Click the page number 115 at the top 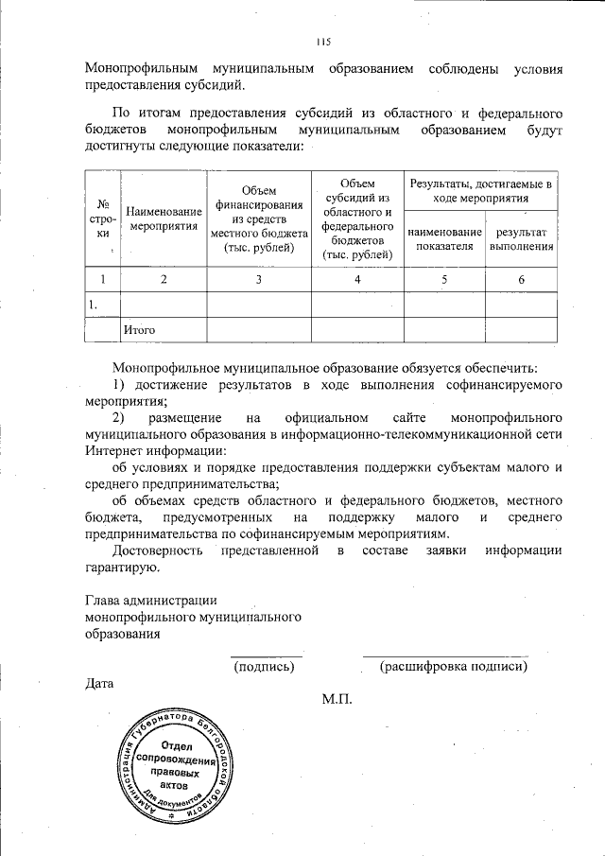pyautogui.click(x=324, y=42)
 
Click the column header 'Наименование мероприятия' pyautogui.click(x=164, y=218)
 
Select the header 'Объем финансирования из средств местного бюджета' pyautogui.click(x=258, y=218)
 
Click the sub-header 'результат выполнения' pyautogui.click(x=520, y=239)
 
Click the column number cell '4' pyautogui.click(x=357, y=280)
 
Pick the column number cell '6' pyautogui.click(x=521, y=280)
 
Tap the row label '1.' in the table pyautogui.click(x=94, y=305)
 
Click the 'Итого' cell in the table pyautogui.click(x=139, y=329)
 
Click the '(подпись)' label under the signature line pyautogui.click(x=265, y=666)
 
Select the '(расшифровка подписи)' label pyautogui.click(x=453, y=666)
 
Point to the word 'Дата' pyautogui.click(x=99, y=683)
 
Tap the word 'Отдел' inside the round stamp pyautogui.click(x=176, y=744)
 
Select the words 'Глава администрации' pyautogui.click(x=151, y=600)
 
